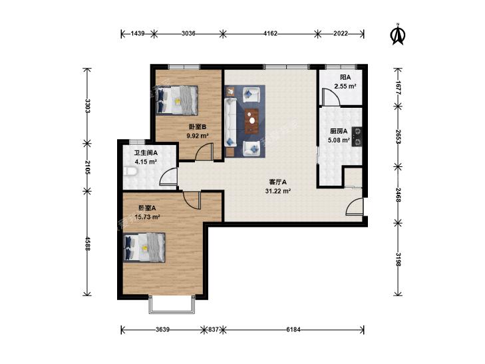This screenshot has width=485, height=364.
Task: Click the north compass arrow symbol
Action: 398,35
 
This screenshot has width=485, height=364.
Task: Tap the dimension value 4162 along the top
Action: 270,33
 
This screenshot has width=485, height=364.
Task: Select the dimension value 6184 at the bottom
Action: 293,329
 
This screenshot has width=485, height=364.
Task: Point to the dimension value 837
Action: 214,329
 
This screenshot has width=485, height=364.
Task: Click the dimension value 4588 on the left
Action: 88,244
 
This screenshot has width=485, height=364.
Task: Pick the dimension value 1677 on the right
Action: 398,88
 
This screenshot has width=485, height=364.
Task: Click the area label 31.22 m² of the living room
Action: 278,191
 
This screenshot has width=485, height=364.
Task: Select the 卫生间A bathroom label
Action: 146,153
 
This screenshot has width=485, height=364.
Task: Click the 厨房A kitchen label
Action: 339,132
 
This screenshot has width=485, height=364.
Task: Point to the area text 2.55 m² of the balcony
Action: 345,87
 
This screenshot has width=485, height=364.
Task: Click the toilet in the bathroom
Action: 130,171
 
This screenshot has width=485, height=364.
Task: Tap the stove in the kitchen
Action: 357,136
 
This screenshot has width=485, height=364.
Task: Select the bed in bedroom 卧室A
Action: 144,248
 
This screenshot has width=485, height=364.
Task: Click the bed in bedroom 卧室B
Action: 176,100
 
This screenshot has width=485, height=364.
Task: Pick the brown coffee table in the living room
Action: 252,121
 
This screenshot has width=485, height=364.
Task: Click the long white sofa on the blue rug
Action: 230,122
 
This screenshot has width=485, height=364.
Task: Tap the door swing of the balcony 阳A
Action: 331,96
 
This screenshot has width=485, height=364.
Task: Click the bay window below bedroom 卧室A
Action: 172,305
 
